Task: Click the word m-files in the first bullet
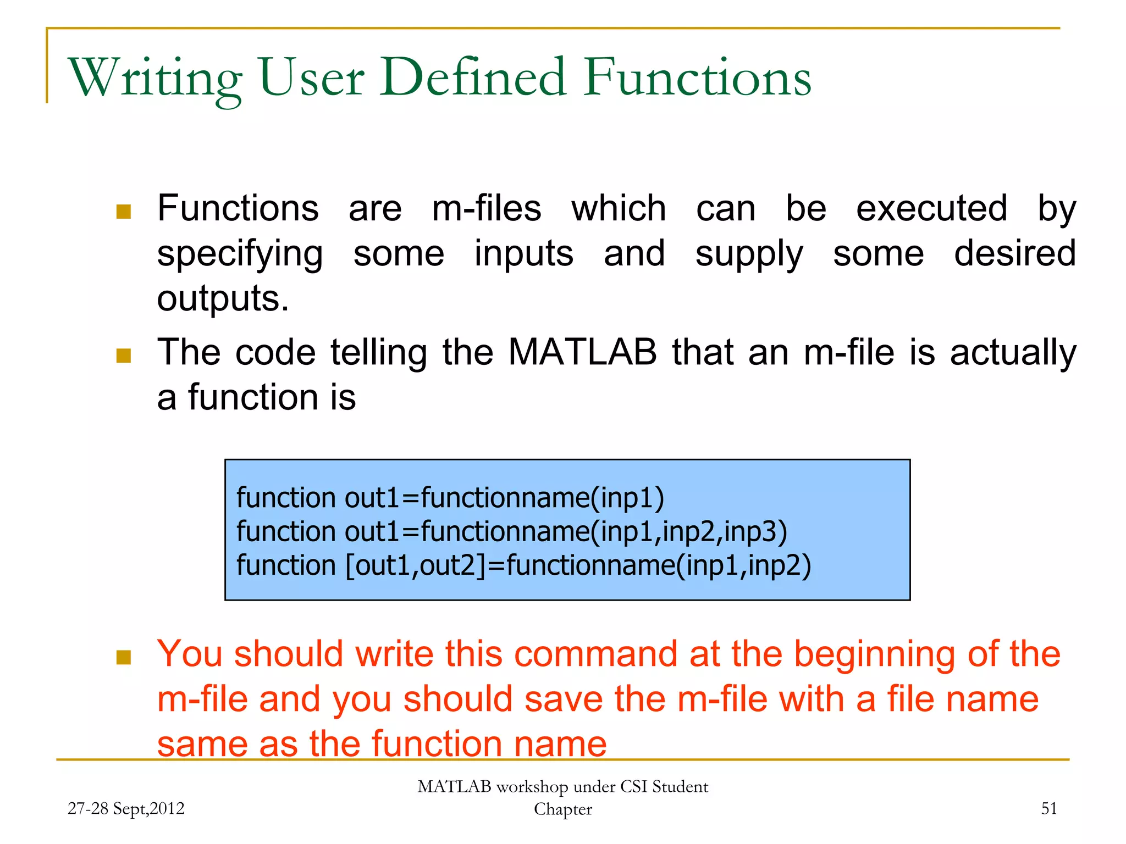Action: (487, 209)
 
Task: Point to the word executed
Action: (932, 209)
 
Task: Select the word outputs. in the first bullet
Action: (223, 299)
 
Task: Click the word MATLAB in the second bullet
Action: (582, 352)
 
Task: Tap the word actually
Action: (1013, 353)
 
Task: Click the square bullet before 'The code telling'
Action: (124, 356)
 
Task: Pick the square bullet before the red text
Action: (124, 657)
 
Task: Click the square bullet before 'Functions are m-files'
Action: (124, 212)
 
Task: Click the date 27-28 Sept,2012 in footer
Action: (126, 808)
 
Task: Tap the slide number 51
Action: (1049, 808)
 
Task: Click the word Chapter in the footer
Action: (563, 809)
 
